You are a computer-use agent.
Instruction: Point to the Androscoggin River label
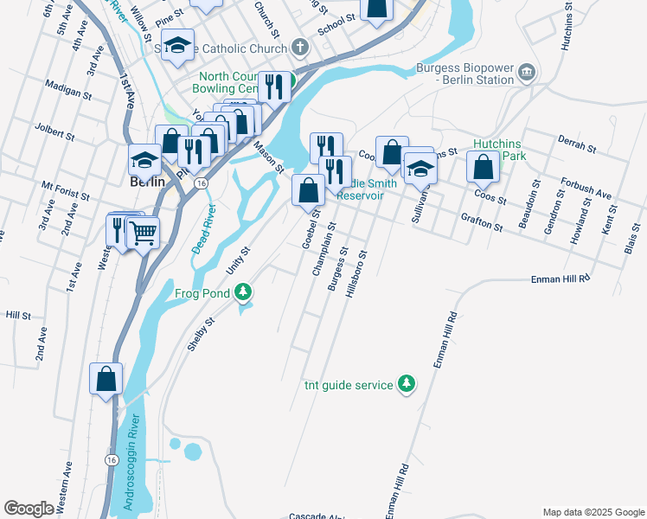pos(131,462)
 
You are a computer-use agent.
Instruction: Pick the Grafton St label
pos(482,223)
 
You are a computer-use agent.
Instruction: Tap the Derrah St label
pos(577,144)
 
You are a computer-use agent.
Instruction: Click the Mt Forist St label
pos(66,185)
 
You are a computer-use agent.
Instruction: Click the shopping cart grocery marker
pos(143,232)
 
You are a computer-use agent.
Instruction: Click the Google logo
pos(29,509)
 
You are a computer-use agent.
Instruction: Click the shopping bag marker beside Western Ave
pos(106,379)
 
